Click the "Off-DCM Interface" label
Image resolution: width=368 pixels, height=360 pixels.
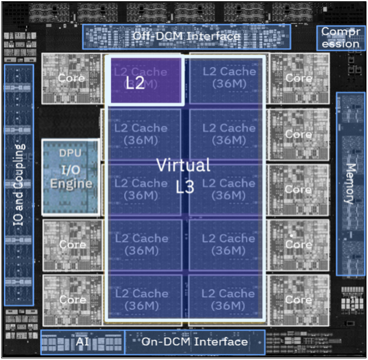[x=186, y=37]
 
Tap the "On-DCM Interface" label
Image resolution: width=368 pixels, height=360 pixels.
[x=195, y=342]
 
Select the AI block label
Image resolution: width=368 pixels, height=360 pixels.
[x=82, y=342]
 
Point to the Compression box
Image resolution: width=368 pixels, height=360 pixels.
[x=341, y=38]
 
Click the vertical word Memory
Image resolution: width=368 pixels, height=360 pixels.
[x=351, y=183]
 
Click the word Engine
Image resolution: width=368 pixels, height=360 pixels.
[x=71, y=183]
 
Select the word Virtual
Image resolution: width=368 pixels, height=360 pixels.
[x=183, y=164]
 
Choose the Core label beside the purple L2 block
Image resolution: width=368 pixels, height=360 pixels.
[x=71, y=78]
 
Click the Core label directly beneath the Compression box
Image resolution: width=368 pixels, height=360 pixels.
[x=299, y=78]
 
